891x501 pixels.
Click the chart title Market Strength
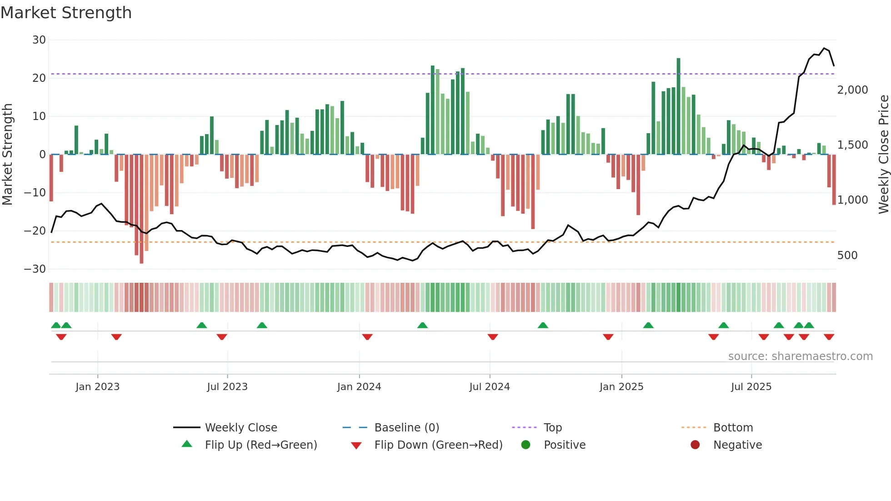tap(66, 13)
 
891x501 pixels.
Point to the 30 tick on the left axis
tap(39, 40)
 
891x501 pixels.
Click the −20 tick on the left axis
tap(35, 231)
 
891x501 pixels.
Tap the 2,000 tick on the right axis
tap(852, 90)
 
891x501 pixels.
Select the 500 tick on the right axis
tap(847, 256)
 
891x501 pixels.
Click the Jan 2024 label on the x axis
tap(359, 387)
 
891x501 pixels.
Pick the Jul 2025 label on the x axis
tap(751, 387)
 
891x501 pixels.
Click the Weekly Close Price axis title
tap(883, 155)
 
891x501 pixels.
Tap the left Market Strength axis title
tap(7, 155)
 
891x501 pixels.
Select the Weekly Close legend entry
tap(241, 428)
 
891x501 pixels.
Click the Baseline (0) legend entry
tap(406, 428)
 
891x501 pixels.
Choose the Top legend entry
tap(553, 428)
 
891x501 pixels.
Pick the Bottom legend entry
tap(733, 428)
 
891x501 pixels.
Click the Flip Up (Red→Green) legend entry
tap(261, 445)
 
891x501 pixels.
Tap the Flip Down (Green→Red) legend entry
tap(438, 445)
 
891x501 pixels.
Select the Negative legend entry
tap(737, 445)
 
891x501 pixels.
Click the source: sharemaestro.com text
tap(800, 356)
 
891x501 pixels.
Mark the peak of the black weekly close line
tap(824, 48)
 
